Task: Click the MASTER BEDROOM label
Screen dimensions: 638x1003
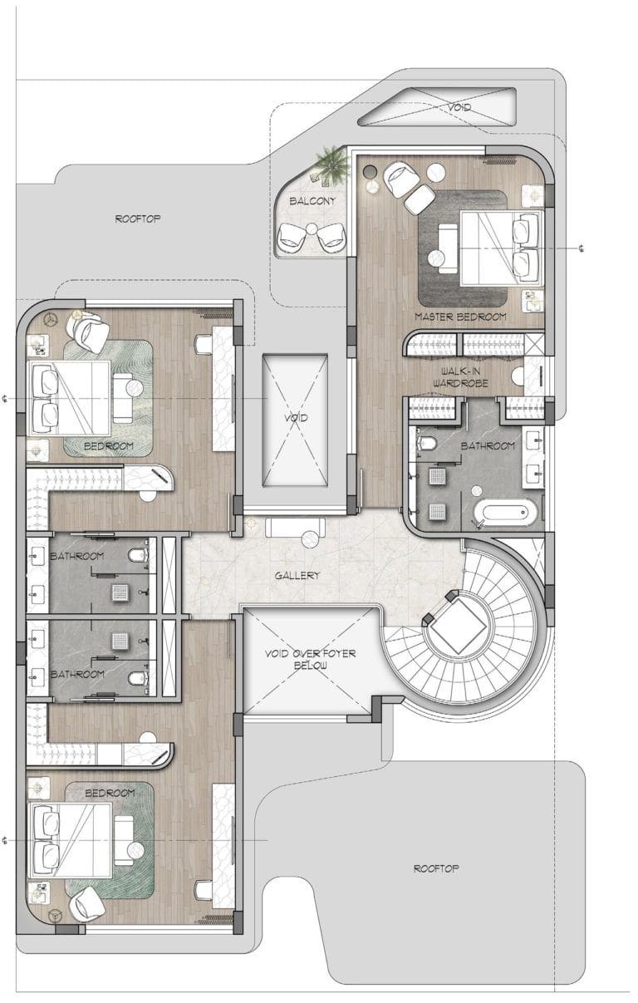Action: [460, 317]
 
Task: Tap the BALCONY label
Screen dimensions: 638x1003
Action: [312, 201]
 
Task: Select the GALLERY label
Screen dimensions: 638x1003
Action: [297, 575]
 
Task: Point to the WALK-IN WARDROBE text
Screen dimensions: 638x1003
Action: [460, 377]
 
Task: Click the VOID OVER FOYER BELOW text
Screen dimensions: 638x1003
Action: [310, 660]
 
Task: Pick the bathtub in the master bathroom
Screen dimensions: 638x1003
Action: [505, 514]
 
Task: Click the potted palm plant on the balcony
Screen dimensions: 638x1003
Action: [331, 165]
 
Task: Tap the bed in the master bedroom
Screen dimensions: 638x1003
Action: [502, 248]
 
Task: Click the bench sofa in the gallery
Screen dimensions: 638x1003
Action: [295, 527]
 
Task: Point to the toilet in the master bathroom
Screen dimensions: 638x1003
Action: [426, 443]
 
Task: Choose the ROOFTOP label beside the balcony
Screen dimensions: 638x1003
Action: [137, 219]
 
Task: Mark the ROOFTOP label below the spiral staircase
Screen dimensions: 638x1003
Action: [436, 868]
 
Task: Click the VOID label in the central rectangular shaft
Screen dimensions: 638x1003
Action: [296, 418]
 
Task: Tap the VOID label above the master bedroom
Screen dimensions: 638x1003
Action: [459, 107]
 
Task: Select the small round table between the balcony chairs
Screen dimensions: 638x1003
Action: [312, 229]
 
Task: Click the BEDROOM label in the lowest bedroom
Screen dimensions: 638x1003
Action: [110, 793]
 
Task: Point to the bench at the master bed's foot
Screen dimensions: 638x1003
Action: [448, 248]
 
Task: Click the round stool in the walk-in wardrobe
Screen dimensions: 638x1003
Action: [518, 376]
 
